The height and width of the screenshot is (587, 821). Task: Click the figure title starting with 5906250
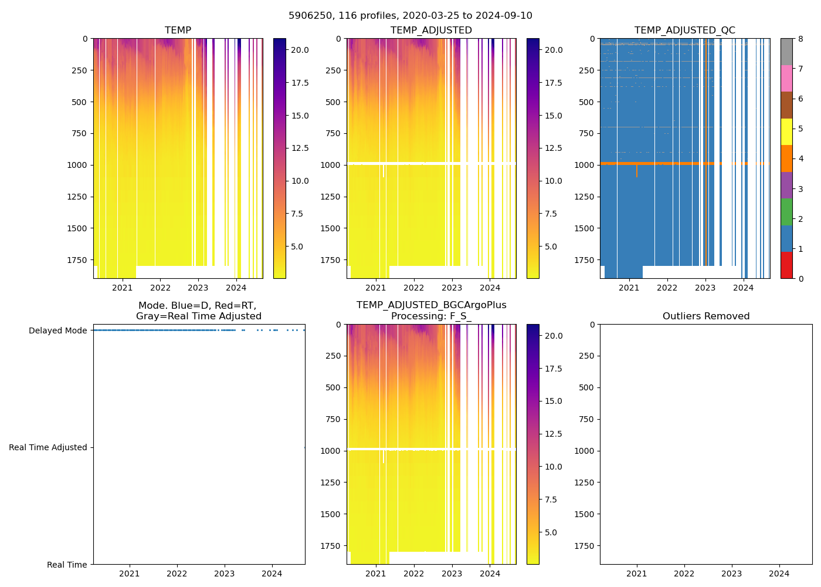click(410, 16)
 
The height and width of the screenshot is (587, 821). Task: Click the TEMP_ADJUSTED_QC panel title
click(684, 31)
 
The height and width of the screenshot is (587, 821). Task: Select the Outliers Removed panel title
click(706, 316)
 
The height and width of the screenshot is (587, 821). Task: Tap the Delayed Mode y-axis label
click(57, 330)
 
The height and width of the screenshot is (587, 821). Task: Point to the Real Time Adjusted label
click(48, 447)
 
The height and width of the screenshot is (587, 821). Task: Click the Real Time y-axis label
click(67, 565)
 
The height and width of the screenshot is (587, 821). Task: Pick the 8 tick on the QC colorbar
click(800, 39)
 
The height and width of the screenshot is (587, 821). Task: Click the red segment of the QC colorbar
click(786, 265)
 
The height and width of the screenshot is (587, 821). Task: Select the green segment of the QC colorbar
click(786, 212)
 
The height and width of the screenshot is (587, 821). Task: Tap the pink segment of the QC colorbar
click(786, 78)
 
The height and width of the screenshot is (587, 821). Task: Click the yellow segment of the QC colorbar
click(786, 131)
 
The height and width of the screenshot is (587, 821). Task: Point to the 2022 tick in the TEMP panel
click(160, 288)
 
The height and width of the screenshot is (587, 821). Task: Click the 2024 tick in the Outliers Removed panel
click(779, 573)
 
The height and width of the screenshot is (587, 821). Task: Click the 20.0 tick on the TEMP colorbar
click(300, 50)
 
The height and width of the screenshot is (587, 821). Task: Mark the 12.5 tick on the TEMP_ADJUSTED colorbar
click(554, 148)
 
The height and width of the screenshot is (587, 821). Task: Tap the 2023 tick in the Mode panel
click(225, 573)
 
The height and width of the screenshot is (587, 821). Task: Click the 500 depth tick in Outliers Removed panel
click(588, 387)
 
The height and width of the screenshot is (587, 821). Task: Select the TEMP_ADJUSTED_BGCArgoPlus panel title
click(431, 311)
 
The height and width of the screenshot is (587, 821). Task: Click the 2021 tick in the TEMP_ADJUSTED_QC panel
click(629, 288)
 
